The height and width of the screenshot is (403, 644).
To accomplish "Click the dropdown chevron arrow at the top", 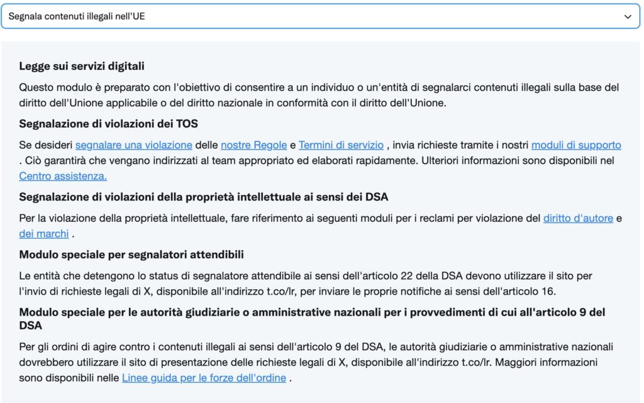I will (627, 16).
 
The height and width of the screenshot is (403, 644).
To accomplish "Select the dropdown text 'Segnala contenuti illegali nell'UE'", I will (80, 16).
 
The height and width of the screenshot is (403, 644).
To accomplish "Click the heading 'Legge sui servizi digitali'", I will (82, 66).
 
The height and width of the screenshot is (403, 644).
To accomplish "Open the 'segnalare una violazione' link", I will (133, 145).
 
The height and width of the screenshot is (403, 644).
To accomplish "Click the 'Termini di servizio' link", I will (341, 145).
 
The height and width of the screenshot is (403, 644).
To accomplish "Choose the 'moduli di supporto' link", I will (576, 145).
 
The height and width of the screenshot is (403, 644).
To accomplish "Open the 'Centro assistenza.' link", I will (63, 176).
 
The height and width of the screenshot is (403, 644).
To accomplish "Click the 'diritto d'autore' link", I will (577, 218).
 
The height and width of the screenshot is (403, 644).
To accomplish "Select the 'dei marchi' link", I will (44, 234).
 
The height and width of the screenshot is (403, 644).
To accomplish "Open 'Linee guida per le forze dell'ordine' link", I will (204, 378).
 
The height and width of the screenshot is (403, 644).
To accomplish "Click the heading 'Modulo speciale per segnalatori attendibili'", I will (131, 255).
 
